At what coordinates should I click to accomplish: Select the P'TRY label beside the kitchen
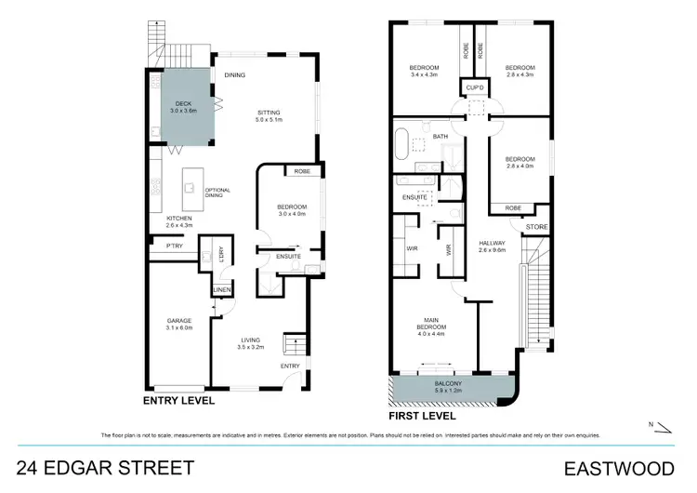[173, 246]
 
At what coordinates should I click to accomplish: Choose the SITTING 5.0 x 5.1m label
[270, 116]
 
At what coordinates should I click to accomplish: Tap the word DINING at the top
[234, 75]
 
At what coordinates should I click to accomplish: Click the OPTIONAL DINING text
[217, 192]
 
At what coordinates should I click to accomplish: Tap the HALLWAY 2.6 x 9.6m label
[492, 246]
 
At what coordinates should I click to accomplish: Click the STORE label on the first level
[536, 226]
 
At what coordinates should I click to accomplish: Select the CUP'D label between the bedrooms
[471, 87]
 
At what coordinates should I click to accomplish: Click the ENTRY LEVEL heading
[178, 401]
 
